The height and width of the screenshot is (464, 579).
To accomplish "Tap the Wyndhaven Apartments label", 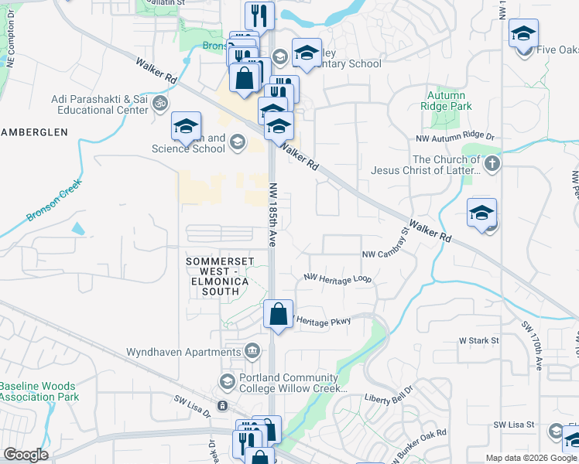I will pos(184,352).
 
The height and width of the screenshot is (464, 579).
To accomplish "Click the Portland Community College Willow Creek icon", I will pos(227,381).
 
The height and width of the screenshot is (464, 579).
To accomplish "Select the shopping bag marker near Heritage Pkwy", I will pos(278,315).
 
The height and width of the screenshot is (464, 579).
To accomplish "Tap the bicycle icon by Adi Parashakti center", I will pos(160,102).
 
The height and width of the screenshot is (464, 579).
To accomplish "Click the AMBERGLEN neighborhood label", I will pos(34,132).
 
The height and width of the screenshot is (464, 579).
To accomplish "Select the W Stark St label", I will pos(478,339).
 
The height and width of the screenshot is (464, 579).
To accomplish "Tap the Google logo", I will pos(26,455).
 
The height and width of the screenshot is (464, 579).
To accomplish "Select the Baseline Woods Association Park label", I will pos(39,391).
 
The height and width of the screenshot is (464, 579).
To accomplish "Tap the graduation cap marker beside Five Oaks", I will pos(523,35).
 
